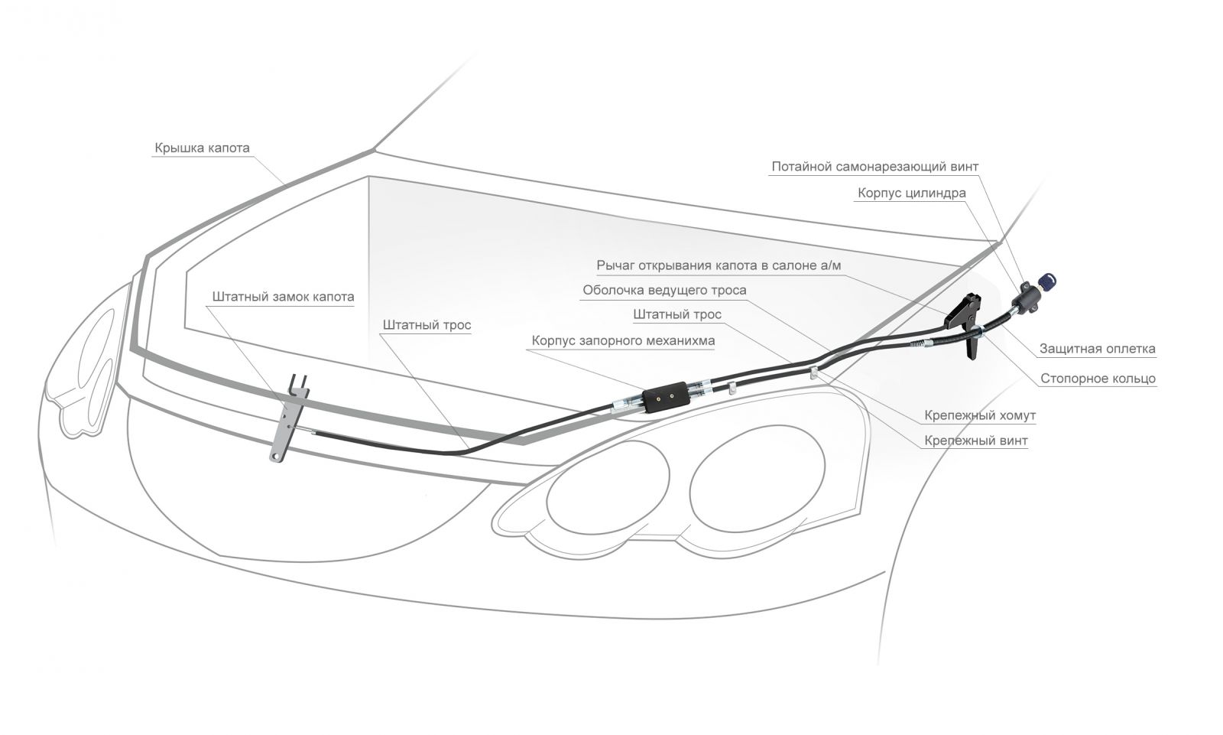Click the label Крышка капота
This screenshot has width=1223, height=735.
click(x=202, y=148)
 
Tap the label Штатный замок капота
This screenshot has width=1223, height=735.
click(x=283, y=296)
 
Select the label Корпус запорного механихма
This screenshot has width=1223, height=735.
click(x=624, y=340)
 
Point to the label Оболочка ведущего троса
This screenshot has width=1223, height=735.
click(x=664, y=290)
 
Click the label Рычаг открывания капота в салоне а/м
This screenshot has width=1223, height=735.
click(x=719, y=265)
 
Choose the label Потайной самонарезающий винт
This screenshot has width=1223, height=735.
click(x=874, y=166)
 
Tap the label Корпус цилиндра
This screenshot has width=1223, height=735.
click(x=911, y=193)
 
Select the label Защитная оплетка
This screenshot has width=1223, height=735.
click(x=1097, y=349)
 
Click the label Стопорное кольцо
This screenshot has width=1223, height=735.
click(x=1098, y=378)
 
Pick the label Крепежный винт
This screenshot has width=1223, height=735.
click(x=975, y=441)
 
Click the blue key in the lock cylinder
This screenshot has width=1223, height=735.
click(x=1047, y=281)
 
